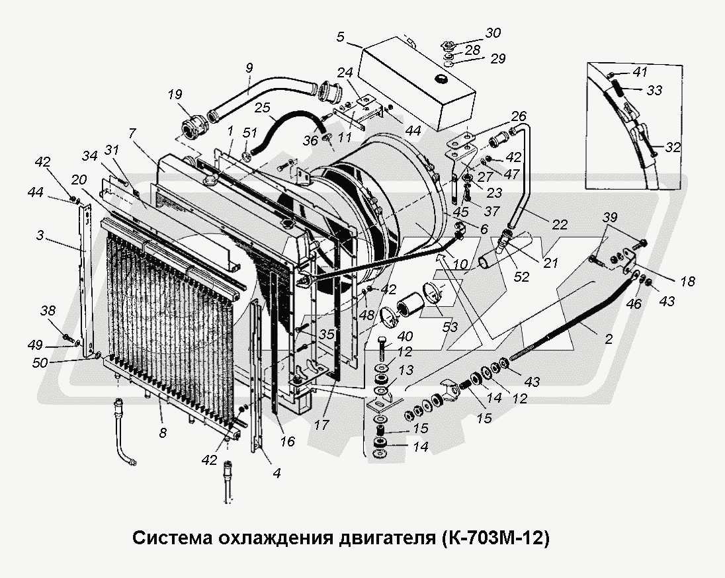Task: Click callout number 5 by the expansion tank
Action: pyautogui.click(x=340, y=38)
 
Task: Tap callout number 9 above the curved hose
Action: pyautogui.click(x=249, y=67)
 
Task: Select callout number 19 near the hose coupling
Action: pyautogui.click(x=175, y=95)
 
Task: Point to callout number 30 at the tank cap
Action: pyautogui.click(x=493, y=33)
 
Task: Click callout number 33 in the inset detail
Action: pyautogui.click(x=654, y=89)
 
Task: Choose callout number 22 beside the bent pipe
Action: pyautogui.click(x=560, y=224)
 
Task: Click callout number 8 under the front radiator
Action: pyautogui.click(x=162, y=434)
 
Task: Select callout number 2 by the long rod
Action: pyautogui.click(x=608, y=339)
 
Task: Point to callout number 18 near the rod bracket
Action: pyautogui.click(x=687, y=281)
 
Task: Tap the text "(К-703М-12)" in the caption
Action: pyautogui.click(x=493, y=537)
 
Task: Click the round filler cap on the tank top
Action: pyautogui.click(x=439, y=79)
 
